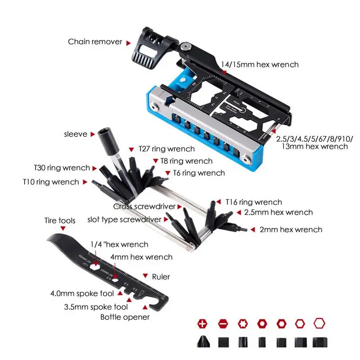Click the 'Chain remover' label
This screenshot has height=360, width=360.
coord(95,42)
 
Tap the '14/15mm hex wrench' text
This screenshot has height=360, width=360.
coord(260,65)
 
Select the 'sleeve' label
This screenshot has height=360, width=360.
coord(75,134)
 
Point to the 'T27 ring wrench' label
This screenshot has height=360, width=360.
coord(166,149)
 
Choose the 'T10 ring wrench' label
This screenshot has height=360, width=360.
coord(50,182)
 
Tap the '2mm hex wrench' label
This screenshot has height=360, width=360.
coord(291,229)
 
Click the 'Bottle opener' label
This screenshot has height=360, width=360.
coord(125,317)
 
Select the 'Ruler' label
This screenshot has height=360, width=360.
coord(161,277)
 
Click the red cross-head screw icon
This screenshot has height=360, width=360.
coord(203,324)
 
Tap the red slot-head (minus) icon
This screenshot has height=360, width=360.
coord(223,324)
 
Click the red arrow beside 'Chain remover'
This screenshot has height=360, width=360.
coord(128,43)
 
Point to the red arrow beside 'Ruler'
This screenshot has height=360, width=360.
coord(145,276)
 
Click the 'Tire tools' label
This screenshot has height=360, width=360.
coord(60,220)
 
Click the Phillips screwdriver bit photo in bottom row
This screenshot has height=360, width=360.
coord(203,342)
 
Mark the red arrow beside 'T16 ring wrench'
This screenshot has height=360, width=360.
coord(219,202)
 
